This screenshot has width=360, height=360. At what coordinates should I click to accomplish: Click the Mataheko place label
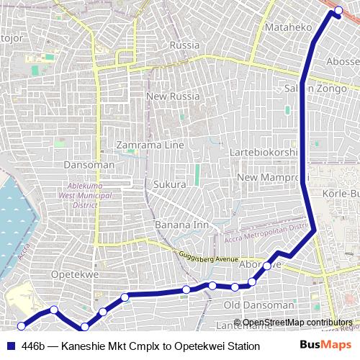click(288, 27)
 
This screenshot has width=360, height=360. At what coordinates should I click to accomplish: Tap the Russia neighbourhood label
click(184, 45)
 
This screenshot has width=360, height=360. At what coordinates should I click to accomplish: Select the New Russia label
click(173, 96)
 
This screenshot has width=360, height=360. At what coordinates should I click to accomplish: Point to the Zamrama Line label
click(150, 145)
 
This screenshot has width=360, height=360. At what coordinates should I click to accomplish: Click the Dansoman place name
click(89, 165)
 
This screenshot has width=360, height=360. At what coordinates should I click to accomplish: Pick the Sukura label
click(169, 184)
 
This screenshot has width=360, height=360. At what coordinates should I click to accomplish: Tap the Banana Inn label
click(181, 225)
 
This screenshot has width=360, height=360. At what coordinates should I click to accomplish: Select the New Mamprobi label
click(272, 177)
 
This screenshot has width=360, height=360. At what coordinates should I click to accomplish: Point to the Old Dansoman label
click(258, 305)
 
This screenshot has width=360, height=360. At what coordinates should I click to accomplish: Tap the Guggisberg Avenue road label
click(208, 257)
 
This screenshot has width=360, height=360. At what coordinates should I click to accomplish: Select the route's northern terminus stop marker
click(339, 10)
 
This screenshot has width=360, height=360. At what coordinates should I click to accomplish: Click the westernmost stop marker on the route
click(21, 326)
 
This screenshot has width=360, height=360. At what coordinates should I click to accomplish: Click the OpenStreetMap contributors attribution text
click(297, 323)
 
